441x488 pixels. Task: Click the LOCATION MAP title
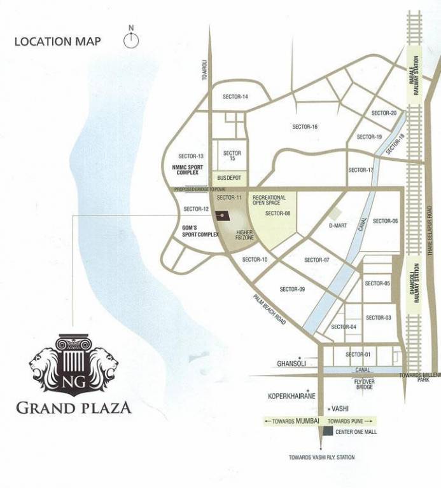(57, 42)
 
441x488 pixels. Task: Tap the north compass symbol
(132, 39)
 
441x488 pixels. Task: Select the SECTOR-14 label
(235, 97)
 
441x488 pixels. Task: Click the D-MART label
(338, 226)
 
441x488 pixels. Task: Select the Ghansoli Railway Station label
(416, 284)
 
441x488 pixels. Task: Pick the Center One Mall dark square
(327, 431)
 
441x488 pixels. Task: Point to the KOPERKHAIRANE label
(292, 396)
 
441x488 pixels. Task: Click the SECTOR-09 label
(292, 289)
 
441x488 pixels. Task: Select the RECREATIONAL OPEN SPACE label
(269, 200)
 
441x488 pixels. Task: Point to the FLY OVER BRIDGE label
(363, 383)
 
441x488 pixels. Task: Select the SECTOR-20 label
(384, 113)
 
